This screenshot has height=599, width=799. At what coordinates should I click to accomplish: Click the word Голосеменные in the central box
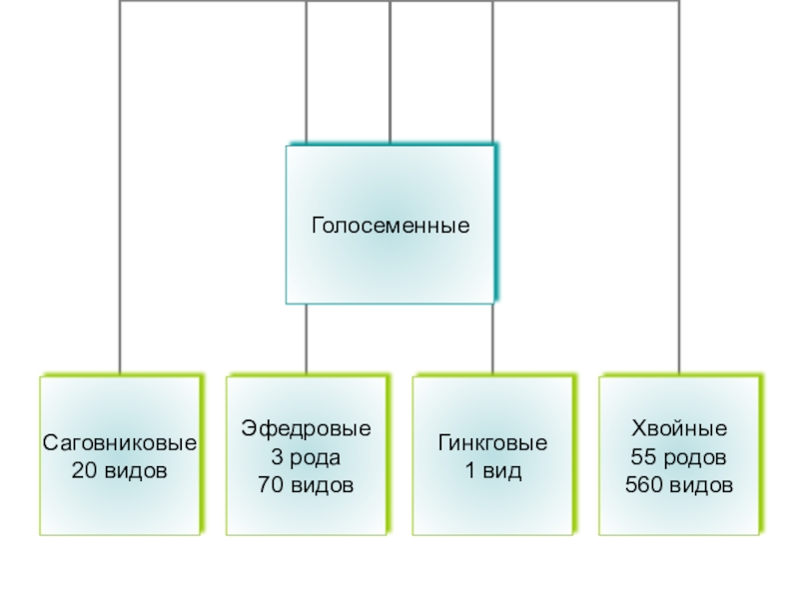(391, 226)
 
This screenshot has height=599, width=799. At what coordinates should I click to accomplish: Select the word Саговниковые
(120, 442)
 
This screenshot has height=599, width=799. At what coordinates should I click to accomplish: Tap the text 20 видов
(120, 468)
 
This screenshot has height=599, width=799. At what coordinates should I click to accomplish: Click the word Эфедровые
(306, 429)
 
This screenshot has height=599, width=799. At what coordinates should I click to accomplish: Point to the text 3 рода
(306, 457)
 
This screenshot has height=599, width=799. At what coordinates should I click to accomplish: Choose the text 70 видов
(306, 485)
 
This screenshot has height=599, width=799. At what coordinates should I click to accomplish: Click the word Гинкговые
(493, 442)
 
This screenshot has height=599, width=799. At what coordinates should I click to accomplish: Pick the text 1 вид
(493, 468)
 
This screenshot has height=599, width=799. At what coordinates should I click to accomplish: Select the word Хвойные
(679, 429)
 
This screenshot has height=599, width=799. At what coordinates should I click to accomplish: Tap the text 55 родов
(679, 457)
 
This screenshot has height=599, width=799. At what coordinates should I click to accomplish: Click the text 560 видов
(679, 485)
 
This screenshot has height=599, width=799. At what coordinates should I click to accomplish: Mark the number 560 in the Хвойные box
(643, 485)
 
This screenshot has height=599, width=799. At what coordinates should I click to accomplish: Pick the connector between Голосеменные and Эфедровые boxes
(306, 339)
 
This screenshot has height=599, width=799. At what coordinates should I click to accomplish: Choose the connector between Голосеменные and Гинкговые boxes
(493, 339)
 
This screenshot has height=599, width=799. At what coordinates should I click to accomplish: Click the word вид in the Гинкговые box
(504, 468)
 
